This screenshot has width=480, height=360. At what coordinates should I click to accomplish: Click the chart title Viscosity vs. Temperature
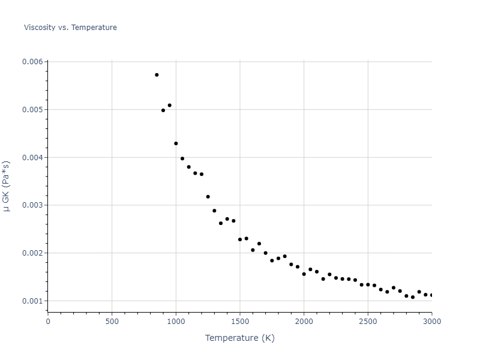[70, 28]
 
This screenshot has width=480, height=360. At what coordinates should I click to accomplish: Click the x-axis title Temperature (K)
[239, 338]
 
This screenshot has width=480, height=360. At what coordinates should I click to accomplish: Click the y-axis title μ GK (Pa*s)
[7, 186]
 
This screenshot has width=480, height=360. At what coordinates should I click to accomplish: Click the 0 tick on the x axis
[48, 321]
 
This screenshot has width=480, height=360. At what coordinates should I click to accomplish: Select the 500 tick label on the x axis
[112, 321]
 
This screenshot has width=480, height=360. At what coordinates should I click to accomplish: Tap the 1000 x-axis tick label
[176, 321]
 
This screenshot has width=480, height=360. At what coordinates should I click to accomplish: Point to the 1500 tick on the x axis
[240, 321]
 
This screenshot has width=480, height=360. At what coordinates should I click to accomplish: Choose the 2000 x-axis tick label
[304, 321]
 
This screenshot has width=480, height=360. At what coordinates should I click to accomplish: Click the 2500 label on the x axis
[368, 321]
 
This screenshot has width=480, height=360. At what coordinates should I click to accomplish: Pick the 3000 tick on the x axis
[431, 321]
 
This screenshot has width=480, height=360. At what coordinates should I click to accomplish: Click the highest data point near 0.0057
[157, 75]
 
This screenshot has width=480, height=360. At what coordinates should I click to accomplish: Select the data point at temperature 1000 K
[176, 143]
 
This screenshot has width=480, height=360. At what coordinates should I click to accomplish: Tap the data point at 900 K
[163, 110]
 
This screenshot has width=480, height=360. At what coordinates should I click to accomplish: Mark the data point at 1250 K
[208, 197]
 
